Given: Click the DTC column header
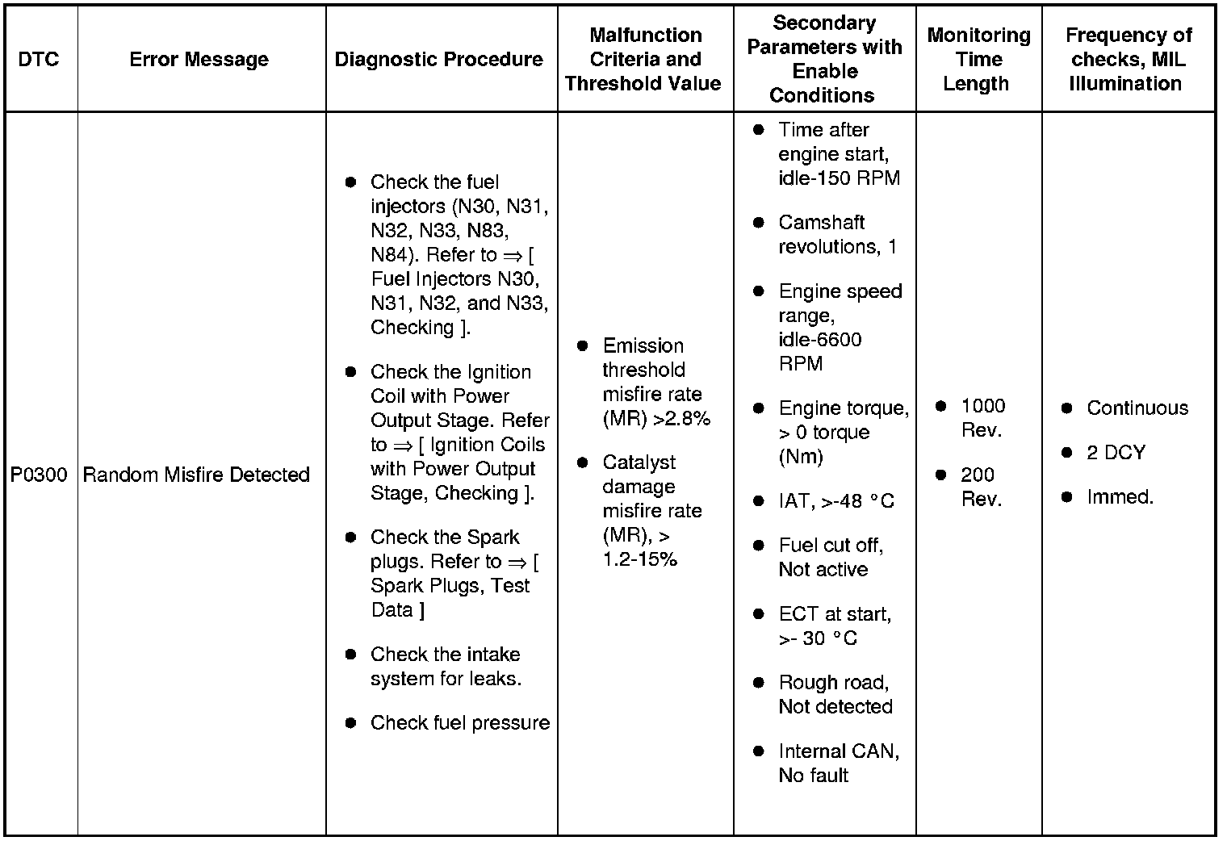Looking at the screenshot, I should coord(39,59).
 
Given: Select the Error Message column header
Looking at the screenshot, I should coord(199,59).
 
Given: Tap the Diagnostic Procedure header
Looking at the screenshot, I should coord(438,59).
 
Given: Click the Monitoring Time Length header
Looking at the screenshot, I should coord(978,59).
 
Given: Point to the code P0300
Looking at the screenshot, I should coord(39,475).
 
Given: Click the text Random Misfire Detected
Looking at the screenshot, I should coord(196,475).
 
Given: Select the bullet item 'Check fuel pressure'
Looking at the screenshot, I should coord(459,723).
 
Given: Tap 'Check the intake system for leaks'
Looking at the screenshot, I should coord(445,667).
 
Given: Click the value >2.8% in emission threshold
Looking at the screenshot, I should coord(682,419).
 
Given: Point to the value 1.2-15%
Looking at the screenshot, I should coord(639,559).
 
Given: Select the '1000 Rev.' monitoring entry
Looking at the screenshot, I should coord(982,418).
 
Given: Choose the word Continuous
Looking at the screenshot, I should coord(1137,408).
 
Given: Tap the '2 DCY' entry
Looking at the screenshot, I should coord(1116,453).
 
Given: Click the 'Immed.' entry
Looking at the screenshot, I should coord(1120,497).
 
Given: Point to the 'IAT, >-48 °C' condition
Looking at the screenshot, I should coord(835,501).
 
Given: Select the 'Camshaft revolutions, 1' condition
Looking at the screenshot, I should coord(837,234).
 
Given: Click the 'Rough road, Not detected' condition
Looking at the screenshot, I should coord(835,694).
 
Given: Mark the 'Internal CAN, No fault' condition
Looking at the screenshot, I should coord(838,763).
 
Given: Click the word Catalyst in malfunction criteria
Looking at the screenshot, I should coord(639,462).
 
